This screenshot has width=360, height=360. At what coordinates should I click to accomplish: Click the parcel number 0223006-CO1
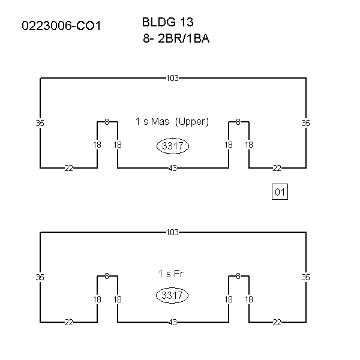click(61, 26)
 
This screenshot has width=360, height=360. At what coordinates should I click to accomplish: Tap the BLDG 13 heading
click(168, 22)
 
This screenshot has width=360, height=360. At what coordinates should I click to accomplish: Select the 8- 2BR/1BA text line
click(176, 38)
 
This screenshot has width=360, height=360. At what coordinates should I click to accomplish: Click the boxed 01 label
click(280, 192)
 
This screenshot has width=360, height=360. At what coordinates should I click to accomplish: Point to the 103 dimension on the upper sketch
click(172, 78)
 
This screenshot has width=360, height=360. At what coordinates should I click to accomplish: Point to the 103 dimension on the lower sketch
click(172, 232)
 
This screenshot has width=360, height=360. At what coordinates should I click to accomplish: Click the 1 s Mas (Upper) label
click(172, 121)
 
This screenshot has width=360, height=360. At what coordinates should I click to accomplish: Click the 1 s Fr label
click(171, 274)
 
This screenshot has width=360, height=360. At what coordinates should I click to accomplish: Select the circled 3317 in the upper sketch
click(173, 146)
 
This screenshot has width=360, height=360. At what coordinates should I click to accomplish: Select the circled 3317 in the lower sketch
click(172, 295)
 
